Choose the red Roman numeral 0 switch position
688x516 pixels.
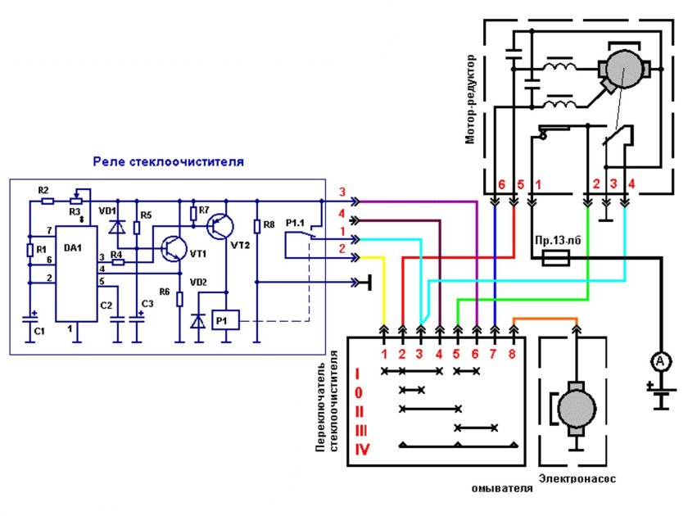point(357,392)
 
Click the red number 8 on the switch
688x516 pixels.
point(514,355)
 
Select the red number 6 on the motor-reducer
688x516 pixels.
point(500,185)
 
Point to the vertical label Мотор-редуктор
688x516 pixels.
point(470,100)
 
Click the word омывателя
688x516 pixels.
point(502,489)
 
